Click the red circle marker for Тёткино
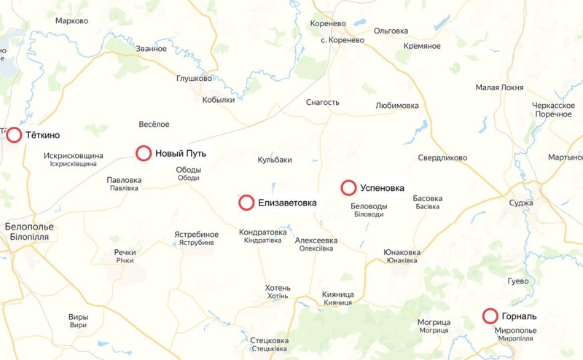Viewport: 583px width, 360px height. point(14,135)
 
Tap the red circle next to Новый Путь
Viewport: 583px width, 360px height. point(144,153)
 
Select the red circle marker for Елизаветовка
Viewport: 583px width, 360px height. point(246,203)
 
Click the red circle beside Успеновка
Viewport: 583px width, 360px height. point(348,188)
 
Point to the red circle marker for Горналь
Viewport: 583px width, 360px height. point(490,316)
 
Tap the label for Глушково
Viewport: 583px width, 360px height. point(194,79)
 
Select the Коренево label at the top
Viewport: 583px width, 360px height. point(327,23)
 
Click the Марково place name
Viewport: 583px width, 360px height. point(71,21)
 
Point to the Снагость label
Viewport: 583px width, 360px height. point(322,103)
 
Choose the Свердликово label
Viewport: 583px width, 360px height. point(442,157)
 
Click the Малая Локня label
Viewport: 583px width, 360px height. point(499,87)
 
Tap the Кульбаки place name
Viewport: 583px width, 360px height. point(275,160)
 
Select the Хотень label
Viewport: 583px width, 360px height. point(278,287)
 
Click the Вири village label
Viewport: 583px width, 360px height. point(78,317)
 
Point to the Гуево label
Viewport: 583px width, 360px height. point(517,281)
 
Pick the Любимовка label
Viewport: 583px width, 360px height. point(397,106)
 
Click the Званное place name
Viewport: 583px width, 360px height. point(151,49)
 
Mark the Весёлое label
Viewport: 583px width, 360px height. point(154,125)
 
